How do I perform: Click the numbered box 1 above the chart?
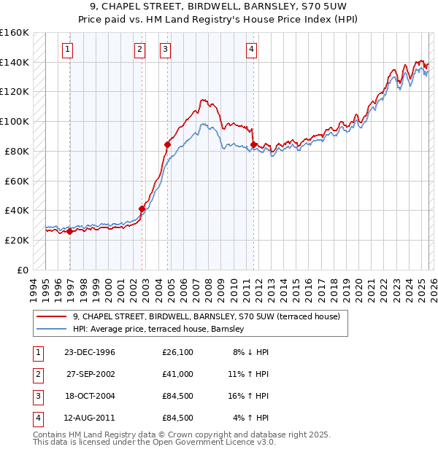[67, 50]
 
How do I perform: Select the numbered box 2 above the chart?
[139, 50]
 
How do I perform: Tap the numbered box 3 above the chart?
[165, 50]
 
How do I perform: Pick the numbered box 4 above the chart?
[250, 50]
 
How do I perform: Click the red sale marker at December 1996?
[70, 231]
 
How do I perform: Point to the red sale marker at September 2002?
[142, 209]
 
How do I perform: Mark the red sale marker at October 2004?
[167, 144]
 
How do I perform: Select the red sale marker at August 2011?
[253, 144]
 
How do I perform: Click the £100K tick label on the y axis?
[14, 121]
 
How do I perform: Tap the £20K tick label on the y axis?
[16, 240]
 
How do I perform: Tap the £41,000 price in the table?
[178, 374]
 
